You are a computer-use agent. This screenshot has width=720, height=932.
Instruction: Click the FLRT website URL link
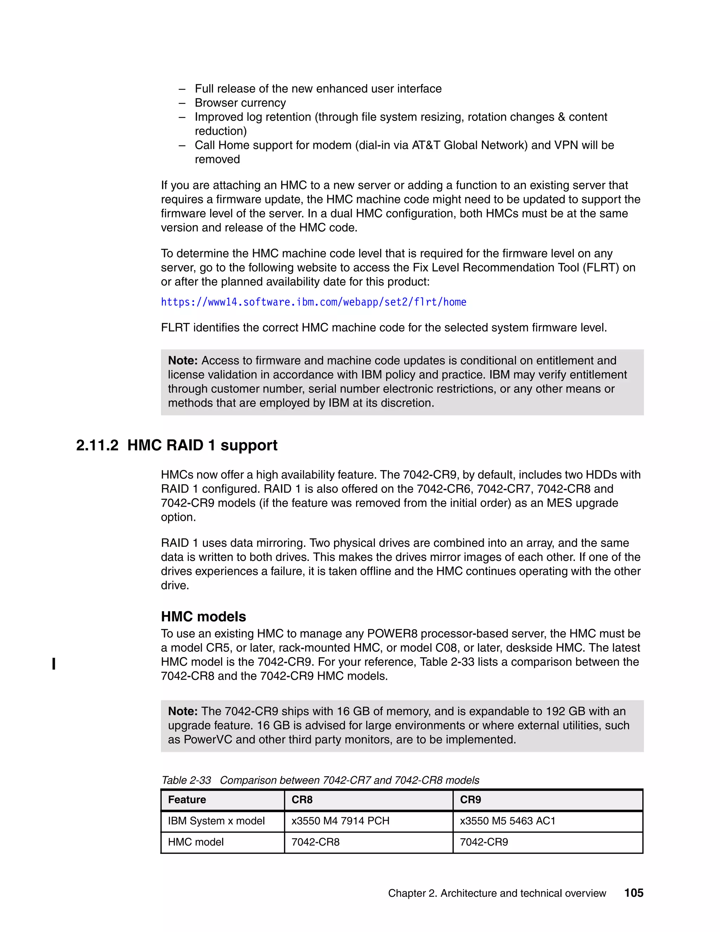[x=314, y=302]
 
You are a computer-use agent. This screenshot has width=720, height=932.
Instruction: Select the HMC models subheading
[x=203, y=616]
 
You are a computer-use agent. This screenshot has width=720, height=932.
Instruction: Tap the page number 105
[x=634, y=893]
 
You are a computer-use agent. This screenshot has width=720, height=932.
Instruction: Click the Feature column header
[x=187, y=800]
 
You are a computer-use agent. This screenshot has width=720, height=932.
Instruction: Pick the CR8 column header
[x=302, y=800]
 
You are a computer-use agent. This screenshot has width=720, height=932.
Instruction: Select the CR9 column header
[x=470, y=800]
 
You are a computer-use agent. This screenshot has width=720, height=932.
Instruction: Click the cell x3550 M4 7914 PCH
[x=340, y=821]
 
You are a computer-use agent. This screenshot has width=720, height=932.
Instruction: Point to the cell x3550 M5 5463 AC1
[x=508, y=821]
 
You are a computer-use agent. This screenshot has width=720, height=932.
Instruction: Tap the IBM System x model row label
[x=216, y=821]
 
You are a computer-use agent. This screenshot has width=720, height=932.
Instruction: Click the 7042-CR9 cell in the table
[x=484, y=842]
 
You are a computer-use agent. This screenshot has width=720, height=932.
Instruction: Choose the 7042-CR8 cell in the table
[x=315, y=842]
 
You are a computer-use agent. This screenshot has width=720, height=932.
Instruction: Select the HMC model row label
[x=196, y=842]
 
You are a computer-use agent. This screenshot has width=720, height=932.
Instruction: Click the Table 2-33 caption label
[x=186, y=780]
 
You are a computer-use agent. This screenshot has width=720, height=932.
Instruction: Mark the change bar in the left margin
[x=54, y=664]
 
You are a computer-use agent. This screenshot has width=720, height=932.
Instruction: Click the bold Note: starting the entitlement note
[x=182, y=360]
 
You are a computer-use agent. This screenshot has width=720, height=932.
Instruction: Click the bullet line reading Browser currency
[x=240, y=103]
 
